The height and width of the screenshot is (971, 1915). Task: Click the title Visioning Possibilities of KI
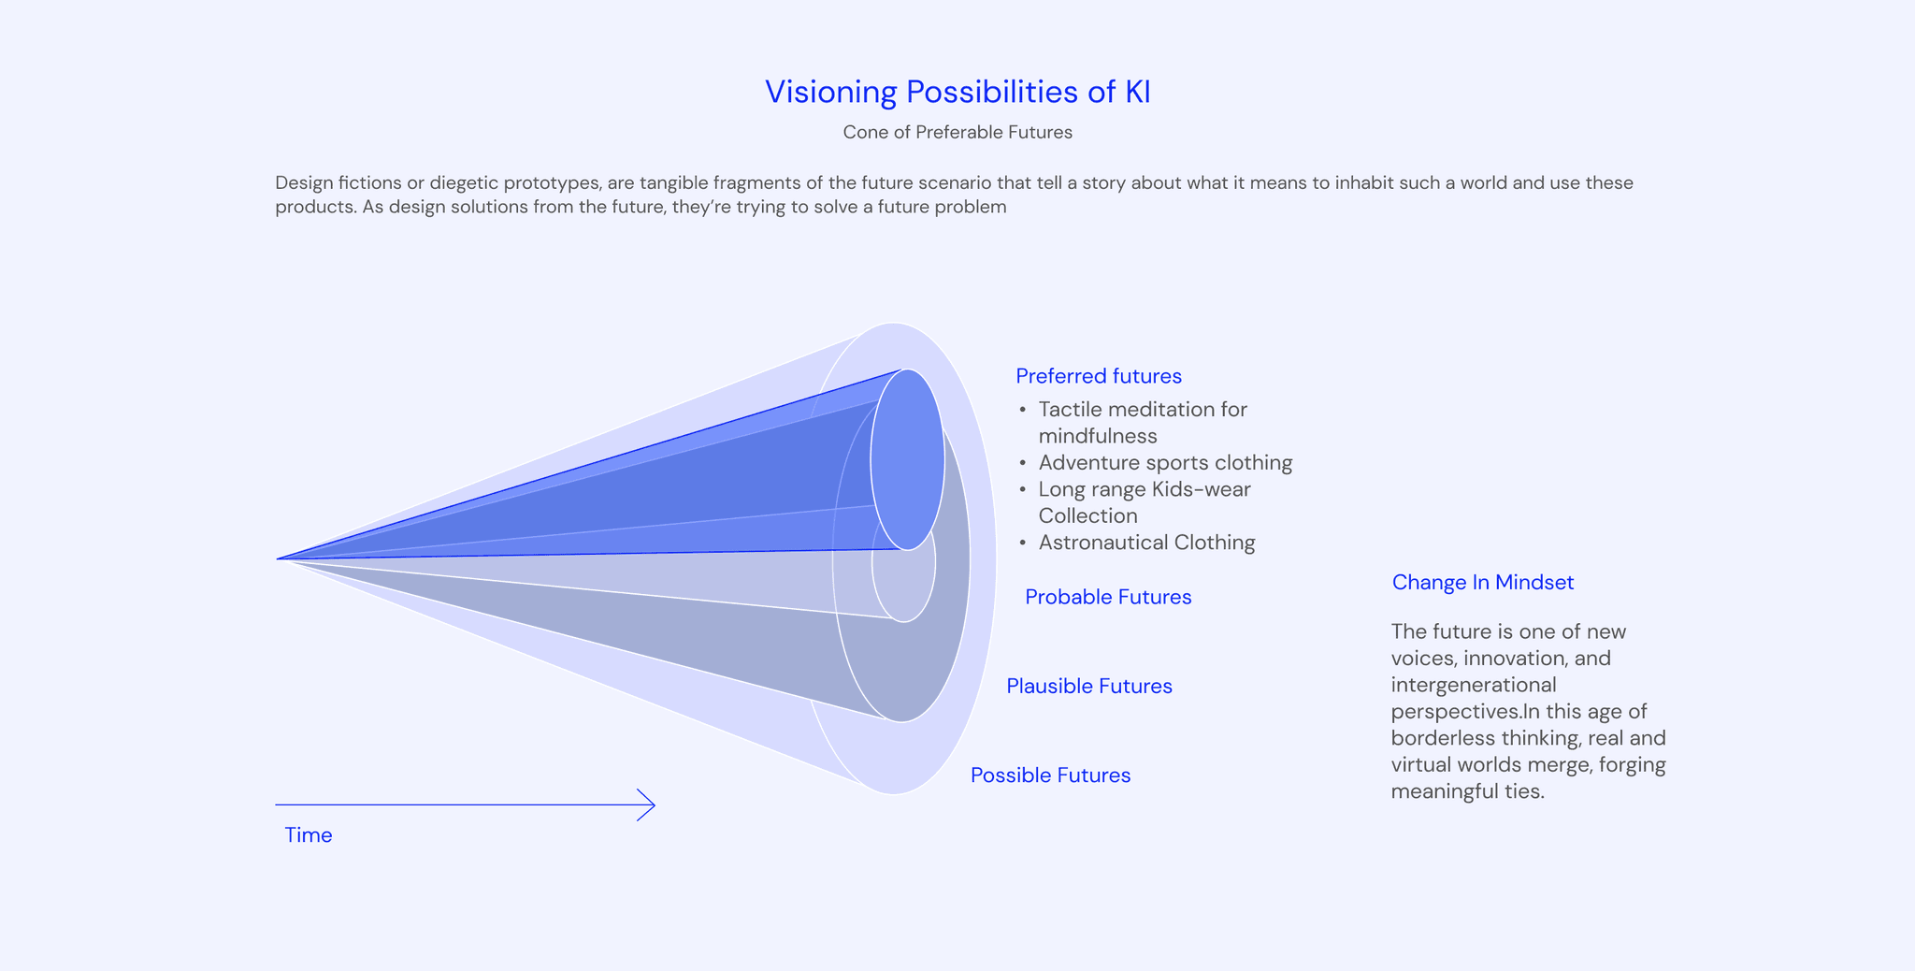(957, 92)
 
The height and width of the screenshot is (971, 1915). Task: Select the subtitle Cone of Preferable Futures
(957, 132)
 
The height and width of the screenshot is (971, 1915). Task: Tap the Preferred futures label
(1099, 376)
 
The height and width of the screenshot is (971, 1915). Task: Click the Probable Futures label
(1108, 597)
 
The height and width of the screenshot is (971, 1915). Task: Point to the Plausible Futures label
(1089, 686)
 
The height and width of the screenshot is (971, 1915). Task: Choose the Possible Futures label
(1050, 775)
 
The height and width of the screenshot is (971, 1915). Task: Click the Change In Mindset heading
(1482, 582)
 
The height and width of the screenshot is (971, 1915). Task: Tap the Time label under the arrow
(309, 835)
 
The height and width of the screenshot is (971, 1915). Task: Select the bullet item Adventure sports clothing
(1165, 462)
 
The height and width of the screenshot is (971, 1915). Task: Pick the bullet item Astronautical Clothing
(1146, 543)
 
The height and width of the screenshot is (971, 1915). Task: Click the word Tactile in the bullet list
(1070, 410)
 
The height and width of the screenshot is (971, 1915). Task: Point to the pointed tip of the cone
(279, 558)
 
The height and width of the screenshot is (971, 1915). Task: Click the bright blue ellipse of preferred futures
(907, 459)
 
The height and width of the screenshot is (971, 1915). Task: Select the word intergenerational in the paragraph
(1474, 685)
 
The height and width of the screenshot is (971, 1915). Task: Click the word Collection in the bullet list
(1087, 515)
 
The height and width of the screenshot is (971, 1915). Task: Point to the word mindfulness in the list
(1098, 436)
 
